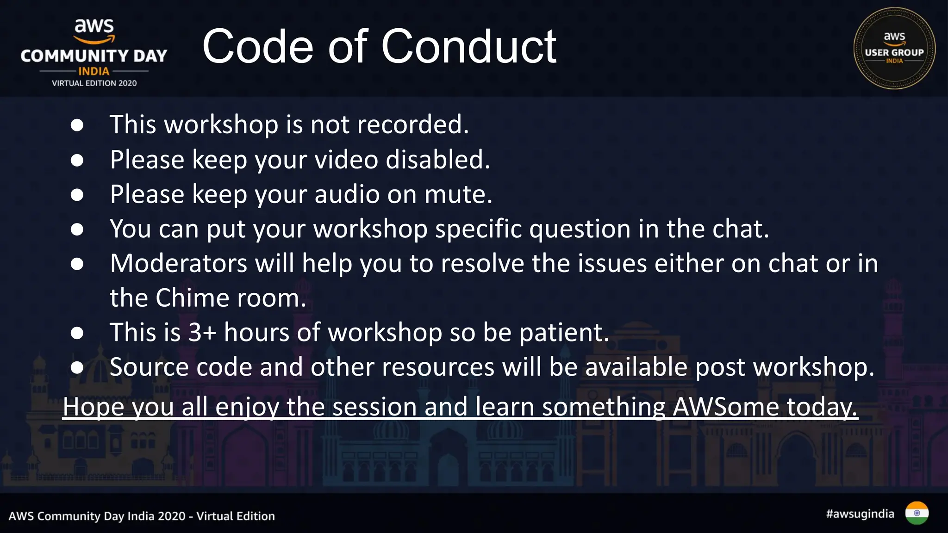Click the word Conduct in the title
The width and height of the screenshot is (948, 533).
point(468,46)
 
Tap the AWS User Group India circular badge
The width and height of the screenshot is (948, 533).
point(894,48)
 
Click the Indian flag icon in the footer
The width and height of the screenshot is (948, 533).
point(917,513)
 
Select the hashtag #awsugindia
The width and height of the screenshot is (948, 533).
point(860,514)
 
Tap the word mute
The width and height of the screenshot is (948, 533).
point(458,194)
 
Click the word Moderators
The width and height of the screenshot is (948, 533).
point(179,263)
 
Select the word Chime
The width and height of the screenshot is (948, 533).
point(192,298)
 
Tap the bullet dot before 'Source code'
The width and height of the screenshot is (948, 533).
point(77,367)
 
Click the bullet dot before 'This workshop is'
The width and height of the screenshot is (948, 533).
point(77,125)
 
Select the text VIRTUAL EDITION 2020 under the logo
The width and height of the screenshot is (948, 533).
point(94,83)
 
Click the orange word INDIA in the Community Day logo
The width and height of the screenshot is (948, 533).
point(94,71)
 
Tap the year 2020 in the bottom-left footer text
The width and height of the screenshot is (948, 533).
point(172,516)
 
